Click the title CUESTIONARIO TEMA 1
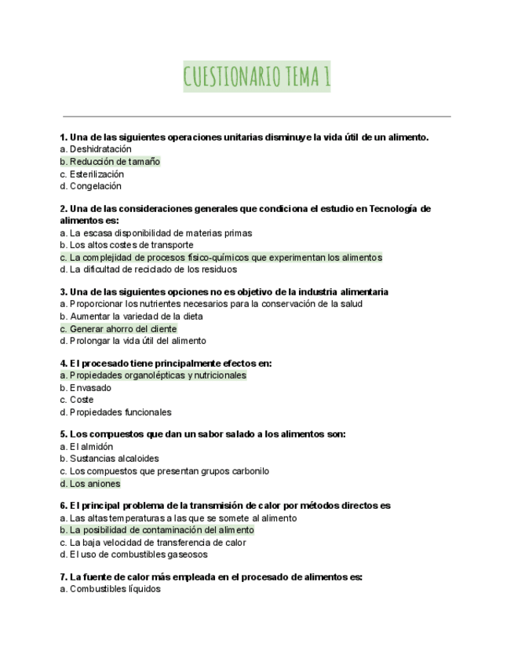257,77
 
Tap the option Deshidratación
96,149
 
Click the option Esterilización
92,174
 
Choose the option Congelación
91,186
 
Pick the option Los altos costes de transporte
126,245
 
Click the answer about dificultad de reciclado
148,269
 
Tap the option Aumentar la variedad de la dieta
131,317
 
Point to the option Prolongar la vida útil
133,341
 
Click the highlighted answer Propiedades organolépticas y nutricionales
153,375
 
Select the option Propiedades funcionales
115,412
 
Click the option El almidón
86,447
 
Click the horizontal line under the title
257,116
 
